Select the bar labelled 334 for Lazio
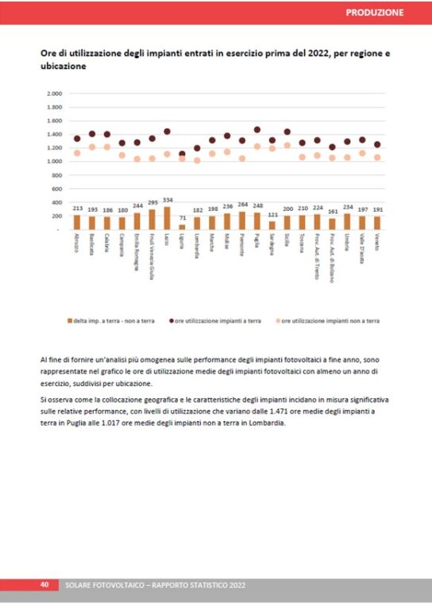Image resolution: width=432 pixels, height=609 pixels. (167, 218)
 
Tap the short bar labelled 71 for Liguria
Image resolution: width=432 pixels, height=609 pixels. (182, 227)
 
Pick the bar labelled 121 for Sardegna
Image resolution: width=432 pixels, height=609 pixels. (272, 225)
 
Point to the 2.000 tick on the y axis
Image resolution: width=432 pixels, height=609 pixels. (55, 94)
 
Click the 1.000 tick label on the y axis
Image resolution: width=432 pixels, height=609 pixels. (55, 162)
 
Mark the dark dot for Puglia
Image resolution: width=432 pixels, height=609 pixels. (257, 129)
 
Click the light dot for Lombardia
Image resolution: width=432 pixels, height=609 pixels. (197, 160)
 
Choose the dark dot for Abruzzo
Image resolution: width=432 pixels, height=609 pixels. (77, 139)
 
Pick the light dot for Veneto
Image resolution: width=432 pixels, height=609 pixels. (377, 157)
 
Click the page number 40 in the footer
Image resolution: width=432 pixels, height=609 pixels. (45, 584)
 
